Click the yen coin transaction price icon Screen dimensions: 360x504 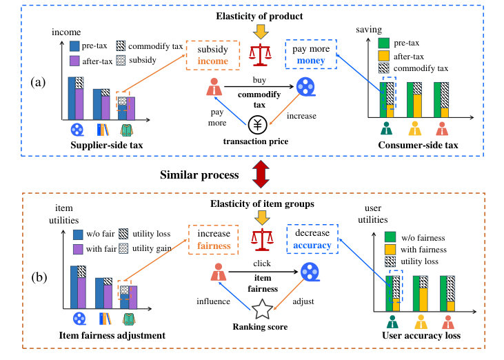point(257,125)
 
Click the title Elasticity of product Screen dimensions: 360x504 point(259,14)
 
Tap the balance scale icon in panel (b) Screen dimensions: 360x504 point(260,238)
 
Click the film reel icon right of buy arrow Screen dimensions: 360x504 point(305,88)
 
